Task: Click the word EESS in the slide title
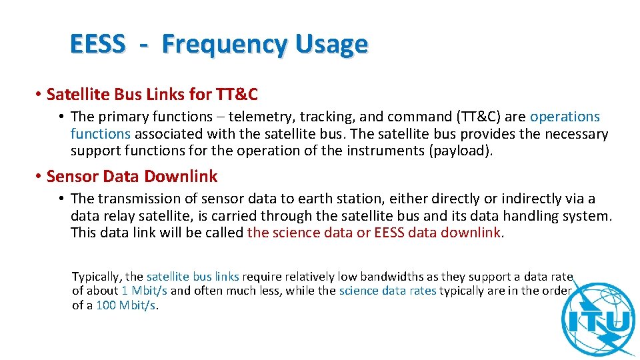[97, 44]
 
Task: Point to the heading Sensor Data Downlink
[132, 176]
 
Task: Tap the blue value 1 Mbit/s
[145, 291]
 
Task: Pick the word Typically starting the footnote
[97, 276]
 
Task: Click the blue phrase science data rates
[387, 291]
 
